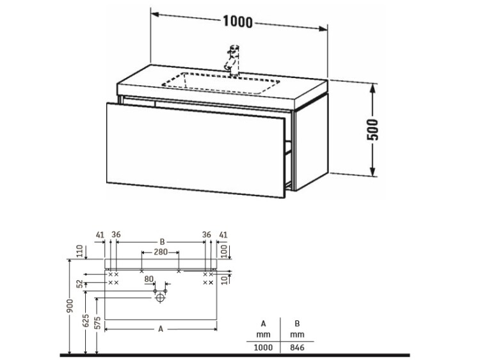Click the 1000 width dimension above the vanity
[237, 22]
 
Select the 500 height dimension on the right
[372, 129]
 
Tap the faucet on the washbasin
[233, 60]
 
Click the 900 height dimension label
[70, 306]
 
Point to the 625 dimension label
[86, 320]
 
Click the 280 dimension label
[161, 252]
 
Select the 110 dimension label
[80, 251]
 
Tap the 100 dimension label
[225, 251]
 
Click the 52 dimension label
[80, 284]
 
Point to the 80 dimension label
[148, 279]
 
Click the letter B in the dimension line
[163, 242]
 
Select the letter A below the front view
[161, 329]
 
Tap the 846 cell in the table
[297, 347]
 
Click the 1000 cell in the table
[263, 347]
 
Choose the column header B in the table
[297, 324]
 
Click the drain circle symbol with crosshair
[161, 297]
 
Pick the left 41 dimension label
[100, 235]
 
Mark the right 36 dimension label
[207, 235]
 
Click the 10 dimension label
[225, 279]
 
